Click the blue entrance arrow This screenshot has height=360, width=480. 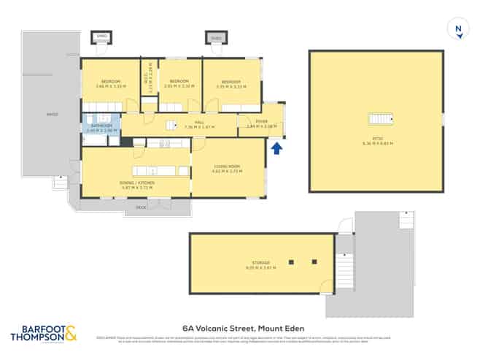276,149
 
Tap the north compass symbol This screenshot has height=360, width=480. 458,30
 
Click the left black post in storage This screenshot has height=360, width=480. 291,261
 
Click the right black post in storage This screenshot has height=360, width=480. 314,261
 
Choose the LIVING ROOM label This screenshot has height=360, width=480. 227,166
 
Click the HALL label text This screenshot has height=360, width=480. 199,123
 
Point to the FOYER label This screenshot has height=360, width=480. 261,122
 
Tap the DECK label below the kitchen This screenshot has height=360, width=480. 141,207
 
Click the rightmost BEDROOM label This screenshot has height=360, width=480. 231,81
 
